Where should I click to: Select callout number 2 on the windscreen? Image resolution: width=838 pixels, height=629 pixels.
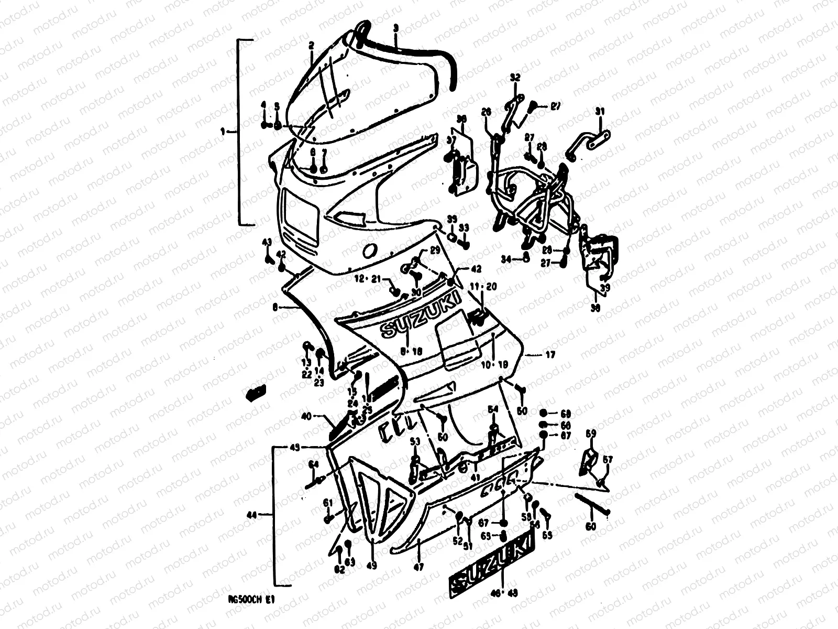tap(311, 46)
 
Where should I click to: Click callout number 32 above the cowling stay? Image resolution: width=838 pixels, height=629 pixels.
tap(515, 78)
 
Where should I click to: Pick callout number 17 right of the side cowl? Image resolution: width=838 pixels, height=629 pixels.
tap(550, 355)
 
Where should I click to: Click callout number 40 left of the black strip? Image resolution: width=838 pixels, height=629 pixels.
tap(306, 417)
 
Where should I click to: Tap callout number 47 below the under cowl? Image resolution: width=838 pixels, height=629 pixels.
tap(419, 566)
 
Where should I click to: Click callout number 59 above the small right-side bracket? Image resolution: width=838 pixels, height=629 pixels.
tap(591, 433)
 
